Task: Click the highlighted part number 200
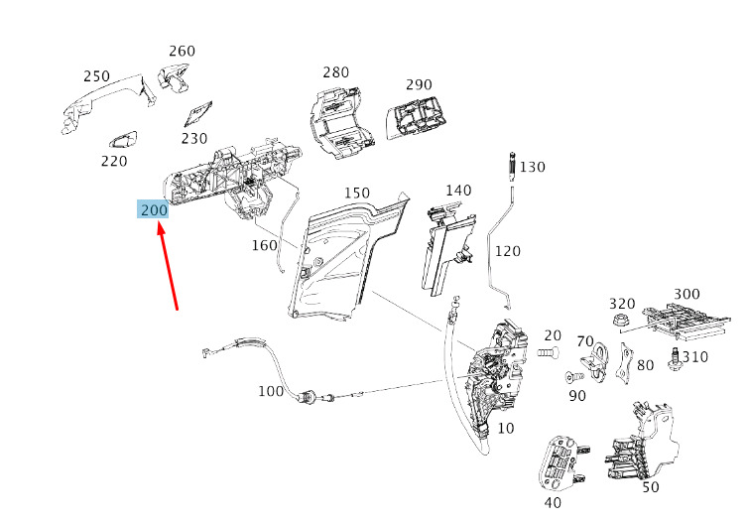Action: click(x=154, y=209)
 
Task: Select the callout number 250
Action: click(x=96, y=76)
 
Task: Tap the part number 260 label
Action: click(x=182, y=52)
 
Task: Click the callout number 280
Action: click(x=336, y=72)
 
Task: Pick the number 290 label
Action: click(x=419, y=84)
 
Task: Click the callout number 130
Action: click(x=533, y=167)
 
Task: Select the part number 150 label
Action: click(x=356, y=193)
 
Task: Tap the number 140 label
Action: click(x=457, y=191)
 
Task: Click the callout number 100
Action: click(x=271, y=391)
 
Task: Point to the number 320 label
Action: click(x=622, y=304)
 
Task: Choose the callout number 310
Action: click(x=695, y=355)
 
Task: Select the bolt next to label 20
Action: click(x=548, y=352)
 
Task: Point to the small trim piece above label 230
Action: click(x=201, y=112)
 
